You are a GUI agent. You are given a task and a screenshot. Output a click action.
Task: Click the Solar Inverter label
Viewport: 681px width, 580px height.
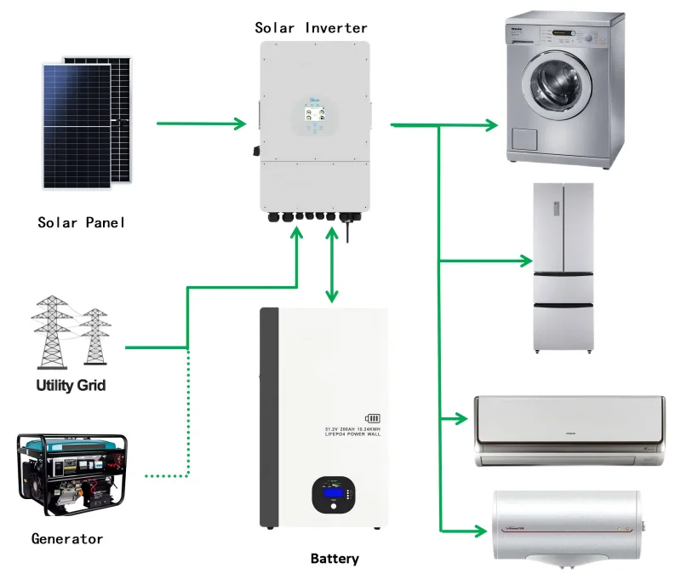(312, 28)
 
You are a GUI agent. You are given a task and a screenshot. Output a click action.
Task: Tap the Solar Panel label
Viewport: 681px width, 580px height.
(82, 223)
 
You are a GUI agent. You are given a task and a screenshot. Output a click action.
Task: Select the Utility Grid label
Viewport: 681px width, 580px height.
(71, 385)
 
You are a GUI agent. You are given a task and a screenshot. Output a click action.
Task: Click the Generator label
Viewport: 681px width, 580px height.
(67, 538)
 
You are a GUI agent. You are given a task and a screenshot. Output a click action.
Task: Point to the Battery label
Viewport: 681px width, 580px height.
(335, 559)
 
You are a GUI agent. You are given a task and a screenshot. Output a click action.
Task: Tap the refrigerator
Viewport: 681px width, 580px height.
(563, 267)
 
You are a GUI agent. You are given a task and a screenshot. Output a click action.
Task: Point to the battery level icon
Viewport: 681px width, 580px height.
(373, 419)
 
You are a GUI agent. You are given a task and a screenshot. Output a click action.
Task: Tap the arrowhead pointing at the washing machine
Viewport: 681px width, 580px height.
(491, 126)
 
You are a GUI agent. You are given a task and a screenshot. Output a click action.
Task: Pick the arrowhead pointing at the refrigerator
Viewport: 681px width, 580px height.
(525, 261)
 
